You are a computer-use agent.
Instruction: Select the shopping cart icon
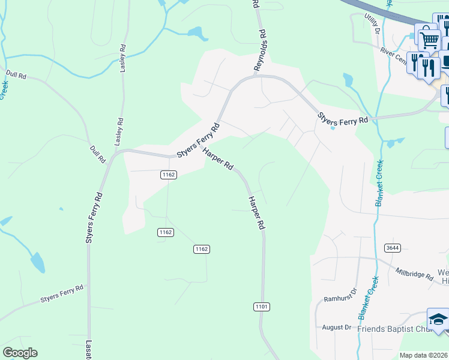(429, 41)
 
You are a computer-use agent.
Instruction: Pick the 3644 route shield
(393, 248)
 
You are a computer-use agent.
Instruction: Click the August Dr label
(336, 327)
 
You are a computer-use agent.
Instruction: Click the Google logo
(20, 353)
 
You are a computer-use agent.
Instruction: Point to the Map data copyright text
(424, 355)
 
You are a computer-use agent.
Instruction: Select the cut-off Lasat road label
(88, 350)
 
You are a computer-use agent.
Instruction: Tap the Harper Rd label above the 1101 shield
(256, 213)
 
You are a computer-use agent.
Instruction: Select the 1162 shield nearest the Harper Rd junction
(168, 175)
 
